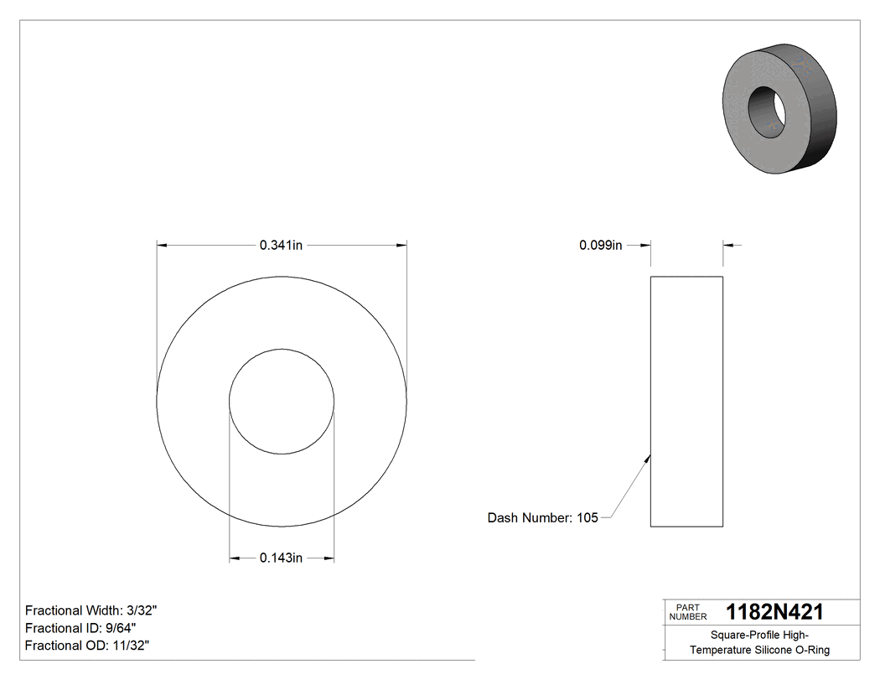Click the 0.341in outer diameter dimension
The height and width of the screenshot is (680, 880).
[x=281, y=246]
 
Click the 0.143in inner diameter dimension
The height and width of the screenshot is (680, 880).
[x=281, y=558]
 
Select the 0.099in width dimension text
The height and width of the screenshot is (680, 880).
[x=600, y=246]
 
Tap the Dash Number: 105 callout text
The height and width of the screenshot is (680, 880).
[x=542, y=518]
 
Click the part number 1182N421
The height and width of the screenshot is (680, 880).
[x=774, y=612]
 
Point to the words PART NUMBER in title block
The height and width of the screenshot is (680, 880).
[x=687, y=612]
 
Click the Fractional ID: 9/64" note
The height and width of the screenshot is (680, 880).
[x=80, y=628]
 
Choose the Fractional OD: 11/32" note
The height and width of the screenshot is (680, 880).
[x=87, y=646]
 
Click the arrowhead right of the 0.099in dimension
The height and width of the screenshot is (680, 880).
[x=727, y=246]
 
